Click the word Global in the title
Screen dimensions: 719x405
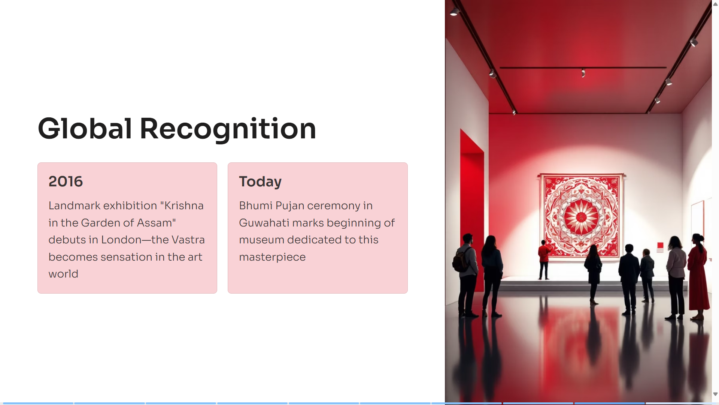85,129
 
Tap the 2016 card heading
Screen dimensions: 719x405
66,181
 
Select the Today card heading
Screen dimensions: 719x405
260,182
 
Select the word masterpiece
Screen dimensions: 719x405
272,257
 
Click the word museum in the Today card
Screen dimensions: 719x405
261,240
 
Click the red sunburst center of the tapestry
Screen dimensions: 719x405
581,217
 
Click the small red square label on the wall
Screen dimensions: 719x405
660,246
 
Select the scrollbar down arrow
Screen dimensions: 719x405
715,394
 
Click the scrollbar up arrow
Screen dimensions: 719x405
715,4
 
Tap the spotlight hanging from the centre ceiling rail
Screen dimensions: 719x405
583,73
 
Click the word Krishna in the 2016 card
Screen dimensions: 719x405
182,205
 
